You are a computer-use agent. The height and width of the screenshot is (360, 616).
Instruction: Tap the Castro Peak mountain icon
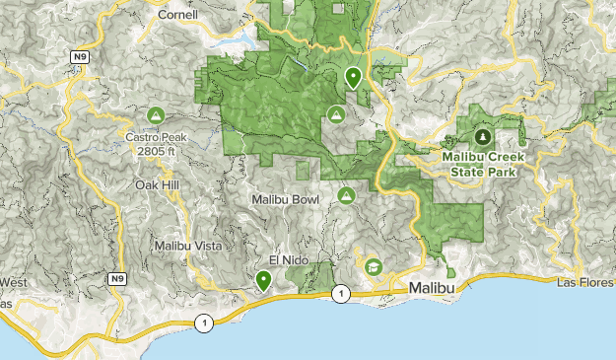pos(155,116)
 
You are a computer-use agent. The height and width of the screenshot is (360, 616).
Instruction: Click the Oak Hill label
pos(156,184)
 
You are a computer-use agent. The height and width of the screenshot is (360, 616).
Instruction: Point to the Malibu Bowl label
pos(286,199)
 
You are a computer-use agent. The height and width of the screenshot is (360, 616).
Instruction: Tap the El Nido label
pos(288,259)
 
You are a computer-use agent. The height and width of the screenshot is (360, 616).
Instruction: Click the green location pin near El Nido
pos(263,281)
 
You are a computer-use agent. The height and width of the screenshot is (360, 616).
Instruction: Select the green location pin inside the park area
pos(353,75)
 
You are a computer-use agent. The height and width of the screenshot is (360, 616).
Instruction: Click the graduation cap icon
pos(374,266)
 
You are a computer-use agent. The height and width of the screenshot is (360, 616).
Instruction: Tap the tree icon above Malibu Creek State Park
pos(483,136)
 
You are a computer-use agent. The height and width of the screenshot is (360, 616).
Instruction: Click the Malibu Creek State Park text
pos(483,164)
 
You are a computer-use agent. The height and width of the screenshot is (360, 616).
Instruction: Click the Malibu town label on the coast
pos(432,286)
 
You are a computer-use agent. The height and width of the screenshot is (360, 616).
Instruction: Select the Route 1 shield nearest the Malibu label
pos(340,294)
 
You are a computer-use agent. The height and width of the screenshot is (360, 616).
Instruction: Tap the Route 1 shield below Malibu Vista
pos(203,323)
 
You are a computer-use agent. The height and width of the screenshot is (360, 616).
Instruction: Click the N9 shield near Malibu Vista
pos(117,279)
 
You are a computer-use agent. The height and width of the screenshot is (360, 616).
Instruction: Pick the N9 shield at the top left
pos(79,58)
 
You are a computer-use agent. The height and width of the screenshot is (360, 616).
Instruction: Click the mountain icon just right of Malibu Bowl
pos(346,196)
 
